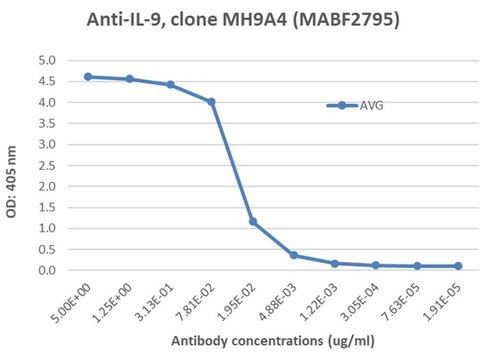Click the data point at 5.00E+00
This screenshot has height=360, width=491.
tap(88, 77)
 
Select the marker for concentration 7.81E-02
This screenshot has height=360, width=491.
tap(211, 102)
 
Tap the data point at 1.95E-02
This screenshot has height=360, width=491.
tap(253, 221)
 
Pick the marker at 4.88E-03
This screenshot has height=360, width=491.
tap(294, 255)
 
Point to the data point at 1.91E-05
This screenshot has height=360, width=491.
tap(458, 266)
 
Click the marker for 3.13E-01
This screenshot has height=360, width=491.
tap(170, 85)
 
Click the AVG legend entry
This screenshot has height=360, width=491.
tap(355, 106)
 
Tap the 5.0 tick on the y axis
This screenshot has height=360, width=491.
tap(47, 61)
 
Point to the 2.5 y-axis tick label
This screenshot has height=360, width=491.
tap(47, 165)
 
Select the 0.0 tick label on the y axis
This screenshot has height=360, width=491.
tap(47, 270)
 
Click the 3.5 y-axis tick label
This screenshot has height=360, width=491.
tap(47, 123)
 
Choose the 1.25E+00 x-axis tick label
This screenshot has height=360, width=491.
tap(112, 303)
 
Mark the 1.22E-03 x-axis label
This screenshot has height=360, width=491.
tap(319, 302)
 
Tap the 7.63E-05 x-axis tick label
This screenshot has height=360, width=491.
tap(401, 302)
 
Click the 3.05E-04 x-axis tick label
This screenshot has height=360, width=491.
tap(360, 302)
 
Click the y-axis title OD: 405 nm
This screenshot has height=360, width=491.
tap(11, 182)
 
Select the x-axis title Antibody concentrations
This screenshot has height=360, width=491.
tap(247, 341)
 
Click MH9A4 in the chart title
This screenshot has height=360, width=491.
tap(254, 20)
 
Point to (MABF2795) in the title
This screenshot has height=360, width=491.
tap(346, 20)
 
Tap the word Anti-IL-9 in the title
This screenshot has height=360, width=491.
tap(126, 20)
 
